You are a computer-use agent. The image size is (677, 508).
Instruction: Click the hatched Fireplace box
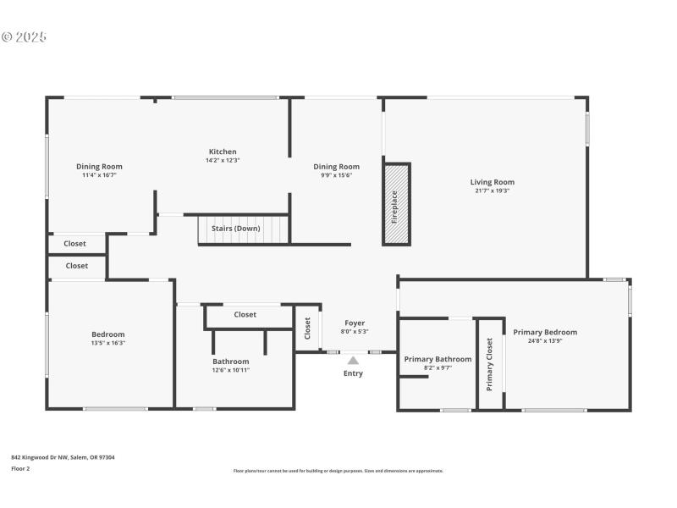pos(396,204)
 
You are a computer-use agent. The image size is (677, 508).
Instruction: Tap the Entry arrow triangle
pos(353,361)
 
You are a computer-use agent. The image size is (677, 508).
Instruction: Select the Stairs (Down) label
pos(235,228)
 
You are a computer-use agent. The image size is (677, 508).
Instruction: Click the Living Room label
pos(492,182)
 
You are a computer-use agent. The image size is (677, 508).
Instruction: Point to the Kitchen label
pos(223,152)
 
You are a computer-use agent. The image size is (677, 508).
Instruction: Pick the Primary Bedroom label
pos(545,332)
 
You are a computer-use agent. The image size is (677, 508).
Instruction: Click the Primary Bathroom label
pos(438,359)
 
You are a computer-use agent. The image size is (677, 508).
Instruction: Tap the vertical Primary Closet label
pos(489,364)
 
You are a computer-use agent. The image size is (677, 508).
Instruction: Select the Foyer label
pos(355,323)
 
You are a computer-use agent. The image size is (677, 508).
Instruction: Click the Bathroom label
pos(230,361)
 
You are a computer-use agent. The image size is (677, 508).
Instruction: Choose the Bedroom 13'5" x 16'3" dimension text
pos(107,343)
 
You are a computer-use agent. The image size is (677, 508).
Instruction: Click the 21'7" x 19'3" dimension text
pos(492,190)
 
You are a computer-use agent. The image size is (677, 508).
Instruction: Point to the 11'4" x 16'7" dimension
pos(99,175)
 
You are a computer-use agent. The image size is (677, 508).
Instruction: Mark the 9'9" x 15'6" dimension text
pos(336,175)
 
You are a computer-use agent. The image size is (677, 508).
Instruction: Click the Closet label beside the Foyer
pos(308,328)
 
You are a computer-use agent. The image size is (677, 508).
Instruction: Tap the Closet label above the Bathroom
pos(245,314)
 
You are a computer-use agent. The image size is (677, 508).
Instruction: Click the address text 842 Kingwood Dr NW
pos(63,457)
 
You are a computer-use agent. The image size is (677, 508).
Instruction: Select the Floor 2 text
pos(20,468)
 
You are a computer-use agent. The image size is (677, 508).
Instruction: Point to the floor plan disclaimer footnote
pos(338,471)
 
